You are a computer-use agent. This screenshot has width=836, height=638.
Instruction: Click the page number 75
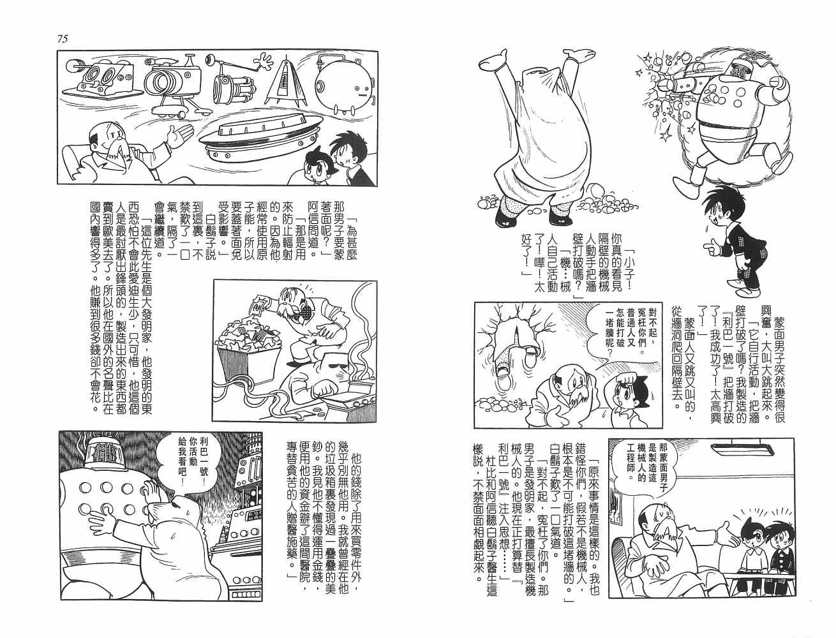(x=63, y=39)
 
